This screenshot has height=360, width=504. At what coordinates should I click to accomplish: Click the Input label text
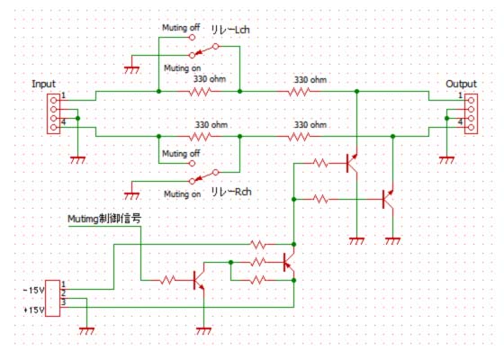[x=43, y=85]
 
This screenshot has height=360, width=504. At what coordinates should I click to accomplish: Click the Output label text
[x=461, y=85]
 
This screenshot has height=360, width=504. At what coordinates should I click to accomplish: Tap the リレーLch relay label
[x=230, y=30]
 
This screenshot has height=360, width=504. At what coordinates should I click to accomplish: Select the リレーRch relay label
[x=230, y=192]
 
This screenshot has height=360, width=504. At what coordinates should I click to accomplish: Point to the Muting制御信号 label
[x=104, y=219]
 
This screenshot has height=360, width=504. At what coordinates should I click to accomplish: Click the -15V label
[x=34, y=290]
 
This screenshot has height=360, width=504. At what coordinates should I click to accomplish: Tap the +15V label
[x=34, y=310]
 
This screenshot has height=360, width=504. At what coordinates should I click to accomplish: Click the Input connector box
[x=53, y=113]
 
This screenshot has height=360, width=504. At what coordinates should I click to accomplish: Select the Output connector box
[x=472, y=113]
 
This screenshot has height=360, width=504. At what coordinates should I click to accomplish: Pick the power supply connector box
[x=52, y=298]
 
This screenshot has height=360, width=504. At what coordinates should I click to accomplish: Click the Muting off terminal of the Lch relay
[x=192, y=37]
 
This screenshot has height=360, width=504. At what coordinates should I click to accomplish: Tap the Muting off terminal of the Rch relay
[x=192, y=163]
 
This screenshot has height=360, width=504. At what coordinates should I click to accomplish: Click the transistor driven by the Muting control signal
[x=199, y=280]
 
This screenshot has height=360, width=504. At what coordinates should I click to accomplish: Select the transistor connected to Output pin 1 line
[x=352, y=163]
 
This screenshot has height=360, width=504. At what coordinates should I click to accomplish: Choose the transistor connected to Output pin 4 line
[x=388, y=199]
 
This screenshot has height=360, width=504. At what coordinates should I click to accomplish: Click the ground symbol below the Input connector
[x=77, y=160]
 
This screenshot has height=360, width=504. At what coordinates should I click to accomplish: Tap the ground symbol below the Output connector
[x=446, y=160]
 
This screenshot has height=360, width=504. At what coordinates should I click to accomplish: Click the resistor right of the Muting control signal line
[x=167, y=280]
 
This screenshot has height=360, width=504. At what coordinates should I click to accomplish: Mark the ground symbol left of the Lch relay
[x=131, y=70]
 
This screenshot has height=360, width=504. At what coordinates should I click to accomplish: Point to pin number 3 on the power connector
[x=64, y=302]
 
